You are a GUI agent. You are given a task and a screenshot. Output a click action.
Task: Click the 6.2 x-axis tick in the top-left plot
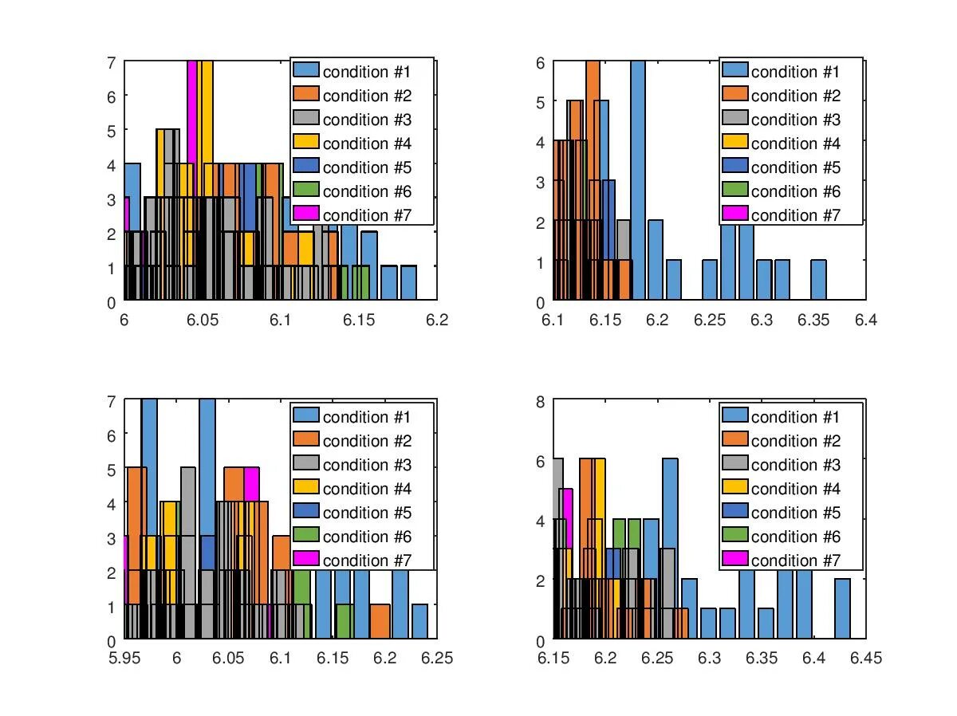point(436,320)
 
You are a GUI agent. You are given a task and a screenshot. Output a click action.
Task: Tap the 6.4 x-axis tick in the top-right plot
point(865,320)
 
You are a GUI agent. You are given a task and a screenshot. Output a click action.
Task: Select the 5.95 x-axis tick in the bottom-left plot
point(124,658)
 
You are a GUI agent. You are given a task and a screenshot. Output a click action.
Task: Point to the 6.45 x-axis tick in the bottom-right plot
point(865,658)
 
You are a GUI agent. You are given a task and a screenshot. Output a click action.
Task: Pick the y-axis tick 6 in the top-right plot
point(540,62)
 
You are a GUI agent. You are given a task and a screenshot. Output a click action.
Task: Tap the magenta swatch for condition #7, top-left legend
point(305,214)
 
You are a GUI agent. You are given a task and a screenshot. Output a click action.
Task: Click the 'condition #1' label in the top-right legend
point(795,72)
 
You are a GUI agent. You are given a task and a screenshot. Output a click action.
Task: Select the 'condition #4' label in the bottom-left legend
point(367,489)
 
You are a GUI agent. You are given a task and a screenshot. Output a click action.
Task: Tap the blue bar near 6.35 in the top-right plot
point(818,280)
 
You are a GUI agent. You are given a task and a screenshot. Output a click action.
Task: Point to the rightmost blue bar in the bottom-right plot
point(842,609)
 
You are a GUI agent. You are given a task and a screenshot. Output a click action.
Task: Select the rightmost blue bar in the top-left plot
point(408,283)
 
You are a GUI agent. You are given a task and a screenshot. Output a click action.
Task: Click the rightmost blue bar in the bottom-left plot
point(419,622)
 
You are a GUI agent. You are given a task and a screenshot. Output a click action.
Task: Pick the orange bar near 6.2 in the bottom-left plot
point(380,622)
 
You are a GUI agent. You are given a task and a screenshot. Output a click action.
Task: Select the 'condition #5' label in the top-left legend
point(367,167)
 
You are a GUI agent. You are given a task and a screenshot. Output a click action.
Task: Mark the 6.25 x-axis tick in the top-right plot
point(709,320)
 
